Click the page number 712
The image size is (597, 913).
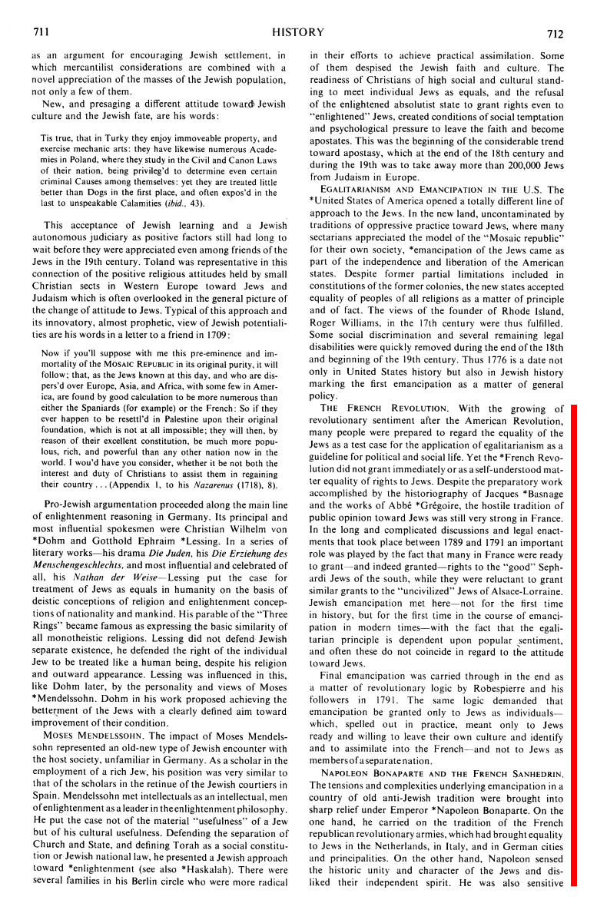tap(556, 33)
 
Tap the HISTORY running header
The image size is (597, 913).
tap(298, 32)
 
